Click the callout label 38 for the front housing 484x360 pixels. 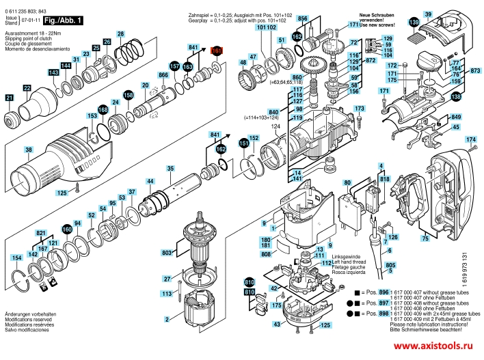tap(28, 150)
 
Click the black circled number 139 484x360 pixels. tap(414, 23)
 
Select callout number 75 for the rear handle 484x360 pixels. tap(425, 239)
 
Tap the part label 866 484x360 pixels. tap(163, 74)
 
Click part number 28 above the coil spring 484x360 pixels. tap(120, 33)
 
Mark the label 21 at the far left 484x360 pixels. tap(10, 98)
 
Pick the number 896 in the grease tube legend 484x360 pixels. tap(384, 292)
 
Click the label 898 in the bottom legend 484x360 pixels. tap(384, 312)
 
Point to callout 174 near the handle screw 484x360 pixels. tap(470, 140)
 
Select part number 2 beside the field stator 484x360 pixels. tap(166, 319)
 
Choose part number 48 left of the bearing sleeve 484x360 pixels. tap(242, 62)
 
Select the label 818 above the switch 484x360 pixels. tap(384, 178)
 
